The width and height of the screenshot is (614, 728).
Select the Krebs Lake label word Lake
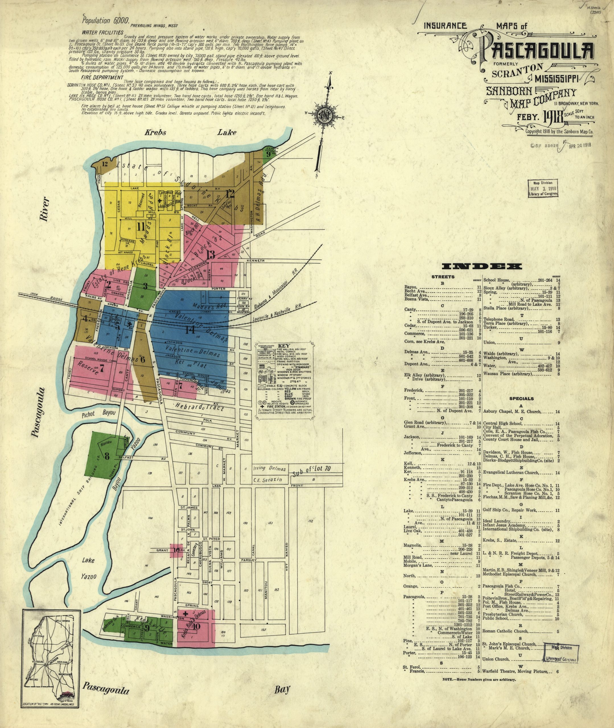tap(227, 132)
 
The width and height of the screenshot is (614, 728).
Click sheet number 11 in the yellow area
tap(141, 227)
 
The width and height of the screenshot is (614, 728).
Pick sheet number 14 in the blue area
tap(190, 329)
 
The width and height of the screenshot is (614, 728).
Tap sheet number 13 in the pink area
tap(211, 255)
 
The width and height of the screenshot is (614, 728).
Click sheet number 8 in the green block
tap(107, 455)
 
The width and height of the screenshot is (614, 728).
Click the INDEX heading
tap(482, 267)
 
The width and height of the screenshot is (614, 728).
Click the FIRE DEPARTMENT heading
tap(102, 77)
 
